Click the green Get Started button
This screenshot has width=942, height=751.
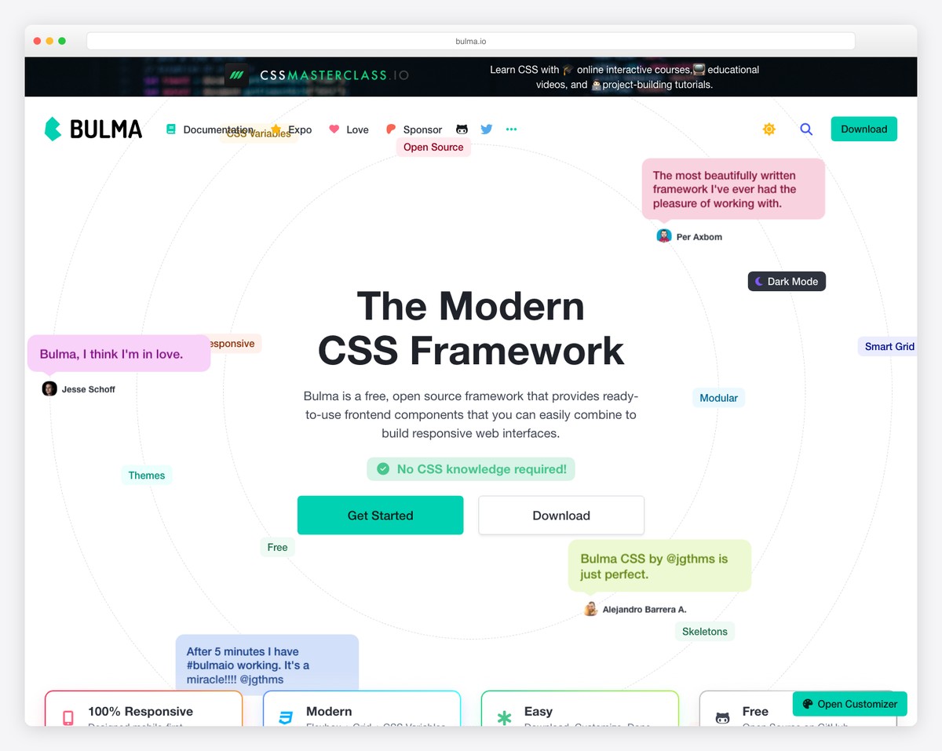[380, 516]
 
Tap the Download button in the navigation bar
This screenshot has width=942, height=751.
[863, 129]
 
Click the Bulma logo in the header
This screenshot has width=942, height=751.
[93, 129]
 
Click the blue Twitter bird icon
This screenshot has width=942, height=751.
[487, 129]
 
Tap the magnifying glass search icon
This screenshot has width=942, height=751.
[806, 129]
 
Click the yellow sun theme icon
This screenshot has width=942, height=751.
[769, 129]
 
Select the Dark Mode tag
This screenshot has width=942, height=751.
[787, 282]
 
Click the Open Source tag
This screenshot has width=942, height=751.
[433, 148]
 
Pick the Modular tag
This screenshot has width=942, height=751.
[718, 398]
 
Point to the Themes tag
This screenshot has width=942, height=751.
[147, 476]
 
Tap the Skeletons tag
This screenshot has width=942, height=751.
[704, 632]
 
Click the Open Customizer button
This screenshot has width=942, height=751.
[849, 704]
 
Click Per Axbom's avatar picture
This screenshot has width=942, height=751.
[664, 236]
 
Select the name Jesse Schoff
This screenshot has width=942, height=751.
[89, 389]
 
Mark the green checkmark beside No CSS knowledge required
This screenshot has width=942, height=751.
[383, 469]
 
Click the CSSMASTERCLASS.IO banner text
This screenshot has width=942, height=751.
[334, 75]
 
